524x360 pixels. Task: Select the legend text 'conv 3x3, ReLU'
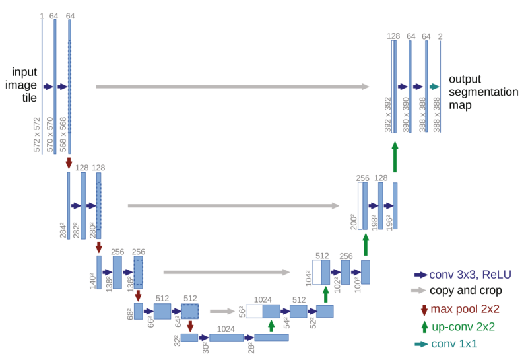tap(470, 274)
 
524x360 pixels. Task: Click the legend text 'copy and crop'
tap(466, 291)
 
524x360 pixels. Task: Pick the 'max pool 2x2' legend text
tap(465, 309)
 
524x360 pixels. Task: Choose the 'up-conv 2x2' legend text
tap(463, 326)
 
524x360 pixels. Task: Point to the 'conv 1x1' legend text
tap(454, 343)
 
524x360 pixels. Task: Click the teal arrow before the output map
tap(434, 87)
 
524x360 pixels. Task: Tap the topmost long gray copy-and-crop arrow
tap(232, 87)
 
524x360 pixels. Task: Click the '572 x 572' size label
tap(37, 135)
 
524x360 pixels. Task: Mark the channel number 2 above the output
tap(440, 36)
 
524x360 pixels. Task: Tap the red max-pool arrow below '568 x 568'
tap(69, 162)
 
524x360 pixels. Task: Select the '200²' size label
tap(354, 221)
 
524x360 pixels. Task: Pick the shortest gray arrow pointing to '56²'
tap(223, 310)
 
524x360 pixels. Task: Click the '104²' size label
tap(308, 277)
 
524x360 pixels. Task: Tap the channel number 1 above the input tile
tap(42, 15)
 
